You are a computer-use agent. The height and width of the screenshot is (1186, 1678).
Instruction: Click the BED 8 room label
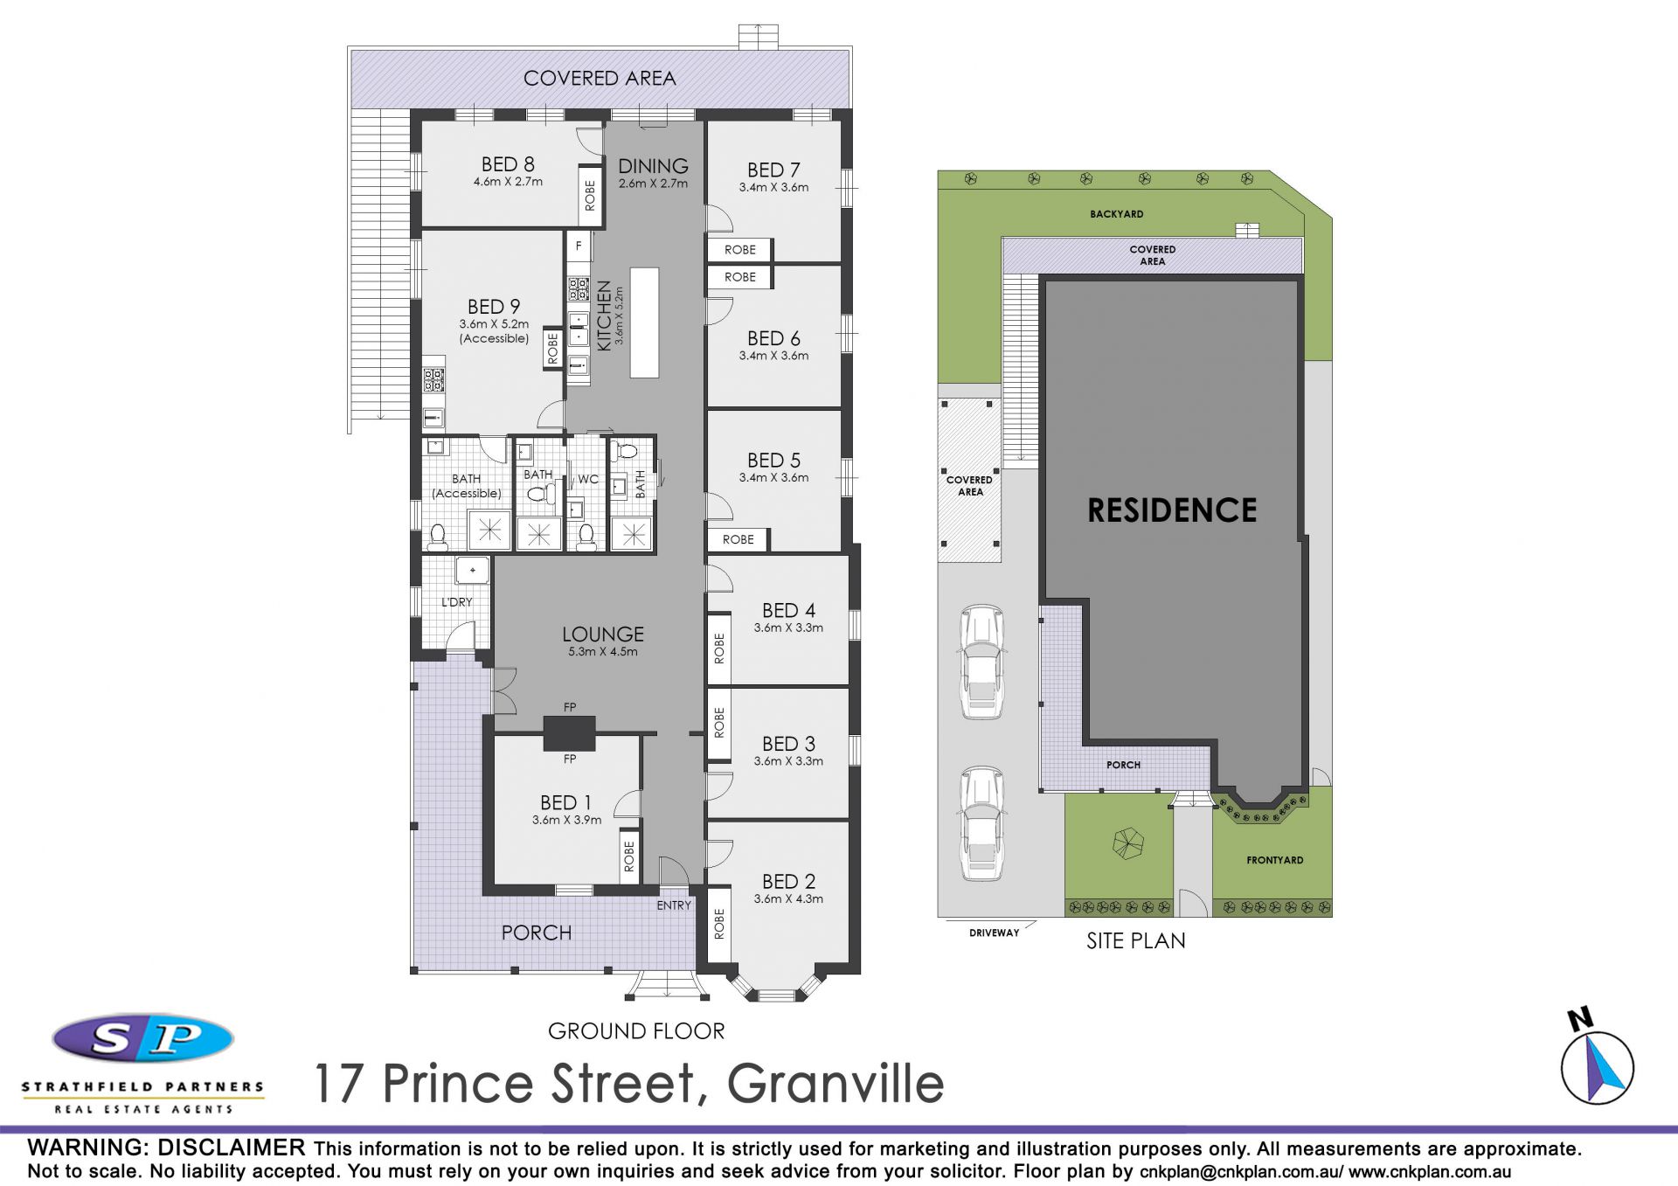508,164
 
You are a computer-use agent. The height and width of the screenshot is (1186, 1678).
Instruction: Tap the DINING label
653,166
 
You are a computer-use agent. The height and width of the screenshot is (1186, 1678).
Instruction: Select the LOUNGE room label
603,635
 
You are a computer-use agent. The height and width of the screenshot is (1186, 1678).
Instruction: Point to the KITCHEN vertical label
604,316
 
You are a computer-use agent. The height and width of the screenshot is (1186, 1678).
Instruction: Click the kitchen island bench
644,323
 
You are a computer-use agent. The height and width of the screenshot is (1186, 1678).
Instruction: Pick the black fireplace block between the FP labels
569,733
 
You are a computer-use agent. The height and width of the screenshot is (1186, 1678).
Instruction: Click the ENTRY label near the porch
674,905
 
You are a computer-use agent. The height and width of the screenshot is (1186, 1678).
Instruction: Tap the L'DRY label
456,602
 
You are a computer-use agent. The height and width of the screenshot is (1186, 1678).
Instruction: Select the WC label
588,479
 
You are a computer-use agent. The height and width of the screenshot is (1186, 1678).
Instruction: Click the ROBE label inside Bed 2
719,924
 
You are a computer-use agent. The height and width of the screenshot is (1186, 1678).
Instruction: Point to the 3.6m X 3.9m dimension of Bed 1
567,820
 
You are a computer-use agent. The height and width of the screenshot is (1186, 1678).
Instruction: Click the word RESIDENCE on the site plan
1172,510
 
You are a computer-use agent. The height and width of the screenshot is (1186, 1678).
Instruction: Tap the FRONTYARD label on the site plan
1275,860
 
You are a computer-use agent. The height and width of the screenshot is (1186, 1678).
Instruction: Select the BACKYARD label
1117,214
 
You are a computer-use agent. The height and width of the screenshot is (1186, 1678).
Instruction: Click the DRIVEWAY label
995,933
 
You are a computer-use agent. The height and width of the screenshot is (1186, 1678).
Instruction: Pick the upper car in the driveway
982,662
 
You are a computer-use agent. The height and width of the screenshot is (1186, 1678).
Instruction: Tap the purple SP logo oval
143,1038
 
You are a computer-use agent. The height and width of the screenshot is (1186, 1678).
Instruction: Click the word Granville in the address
836,1084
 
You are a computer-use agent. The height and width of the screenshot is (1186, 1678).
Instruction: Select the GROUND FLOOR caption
636,1031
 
